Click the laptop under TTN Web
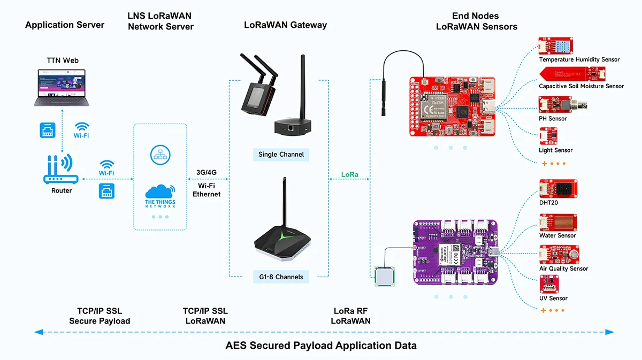[x=63, y=87]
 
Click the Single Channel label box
[x=281, y=155]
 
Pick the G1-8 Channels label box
[x=281, y=277]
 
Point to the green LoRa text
[x=350, y=174]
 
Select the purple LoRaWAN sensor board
[x=455, y=251]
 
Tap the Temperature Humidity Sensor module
[x=557, y=46]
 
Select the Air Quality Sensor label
[x=563, y=269]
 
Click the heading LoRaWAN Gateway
[x=285, y=25]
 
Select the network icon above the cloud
[x=160, y=154]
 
